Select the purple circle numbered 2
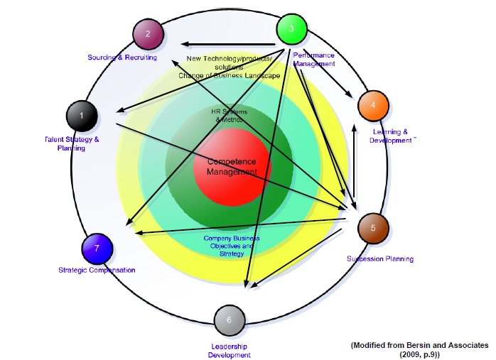148,33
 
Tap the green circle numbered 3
291,29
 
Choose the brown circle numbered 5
373,229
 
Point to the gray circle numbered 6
229,320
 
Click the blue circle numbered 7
97,249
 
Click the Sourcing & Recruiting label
122,58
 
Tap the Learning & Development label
390,136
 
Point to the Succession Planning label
379,259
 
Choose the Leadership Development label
230,350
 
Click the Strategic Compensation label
97,270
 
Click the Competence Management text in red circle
231,167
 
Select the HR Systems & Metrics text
227,116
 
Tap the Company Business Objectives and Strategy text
232,245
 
